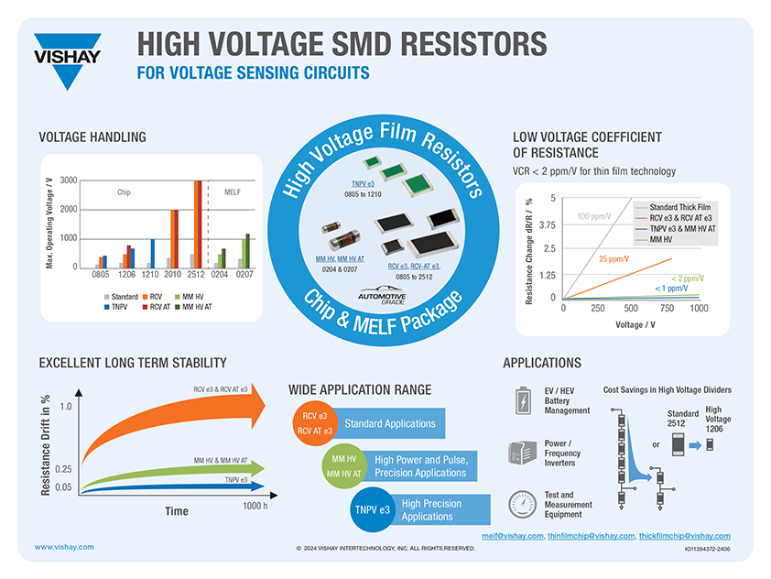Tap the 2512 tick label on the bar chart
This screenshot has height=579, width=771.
click(x=196, y=273)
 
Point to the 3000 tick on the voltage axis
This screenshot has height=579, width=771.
click(x=69, y=180)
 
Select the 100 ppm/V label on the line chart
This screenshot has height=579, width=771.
click(x=595, y=216)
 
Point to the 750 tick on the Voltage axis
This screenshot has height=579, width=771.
click(x=666, y=309)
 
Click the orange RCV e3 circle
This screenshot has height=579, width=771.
click(x=315, y=423)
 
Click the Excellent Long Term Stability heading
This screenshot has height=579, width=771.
click(x=133, y=363)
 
